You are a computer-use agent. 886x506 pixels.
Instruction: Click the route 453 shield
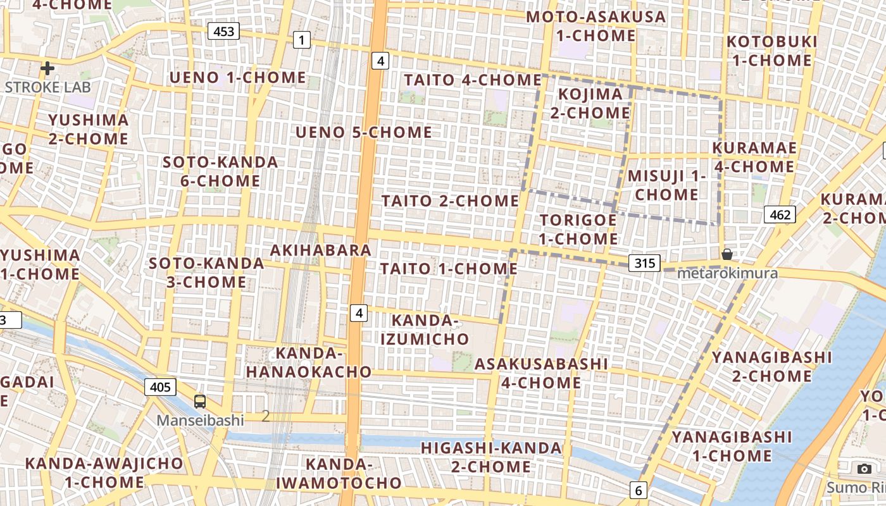pos(223,31)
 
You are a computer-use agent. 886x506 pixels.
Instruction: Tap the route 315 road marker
pos(644,263)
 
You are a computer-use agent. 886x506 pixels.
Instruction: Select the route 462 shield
pos(780,214)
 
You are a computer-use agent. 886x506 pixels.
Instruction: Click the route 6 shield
pos(639,490)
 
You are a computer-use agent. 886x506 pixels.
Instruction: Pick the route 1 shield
pos(302,40)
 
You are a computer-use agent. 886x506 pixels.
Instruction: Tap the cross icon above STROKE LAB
pos(47,68)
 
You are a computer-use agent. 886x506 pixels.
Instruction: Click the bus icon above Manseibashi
pos(200,401)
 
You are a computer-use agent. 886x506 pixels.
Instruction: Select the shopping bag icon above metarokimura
pos(727,254)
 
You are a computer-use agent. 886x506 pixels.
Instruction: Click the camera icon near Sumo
pos(864,469)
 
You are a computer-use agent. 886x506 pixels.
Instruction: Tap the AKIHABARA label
pos(321,250)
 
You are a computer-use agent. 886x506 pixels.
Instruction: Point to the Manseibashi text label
pos(200,420)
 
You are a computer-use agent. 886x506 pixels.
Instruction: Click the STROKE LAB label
pos(47,87)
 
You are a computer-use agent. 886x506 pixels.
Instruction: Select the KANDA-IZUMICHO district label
pos(425,330)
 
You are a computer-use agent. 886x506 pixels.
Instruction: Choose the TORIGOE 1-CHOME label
pos(578,229)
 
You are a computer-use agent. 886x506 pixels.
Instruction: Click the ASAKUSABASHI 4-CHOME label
pos(541,373)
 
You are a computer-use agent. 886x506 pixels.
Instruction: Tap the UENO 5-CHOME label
pos(364,132)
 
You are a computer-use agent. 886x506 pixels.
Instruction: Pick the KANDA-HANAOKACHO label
pos(308,362)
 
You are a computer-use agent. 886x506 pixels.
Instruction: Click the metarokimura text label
pos(727,273)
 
